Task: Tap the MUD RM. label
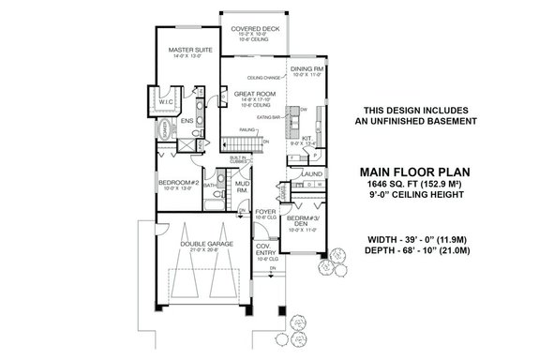(240, 187)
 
